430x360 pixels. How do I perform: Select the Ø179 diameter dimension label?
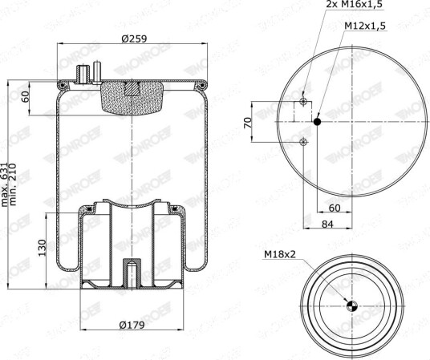132,326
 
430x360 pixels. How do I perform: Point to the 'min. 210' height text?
13,184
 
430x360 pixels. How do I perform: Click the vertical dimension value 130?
42,248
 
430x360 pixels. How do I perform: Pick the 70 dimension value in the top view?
248,123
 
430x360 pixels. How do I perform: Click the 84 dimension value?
327,224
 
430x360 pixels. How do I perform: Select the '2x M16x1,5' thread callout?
354,5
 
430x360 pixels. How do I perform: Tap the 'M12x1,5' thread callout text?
365,26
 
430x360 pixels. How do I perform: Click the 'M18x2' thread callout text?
280,254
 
